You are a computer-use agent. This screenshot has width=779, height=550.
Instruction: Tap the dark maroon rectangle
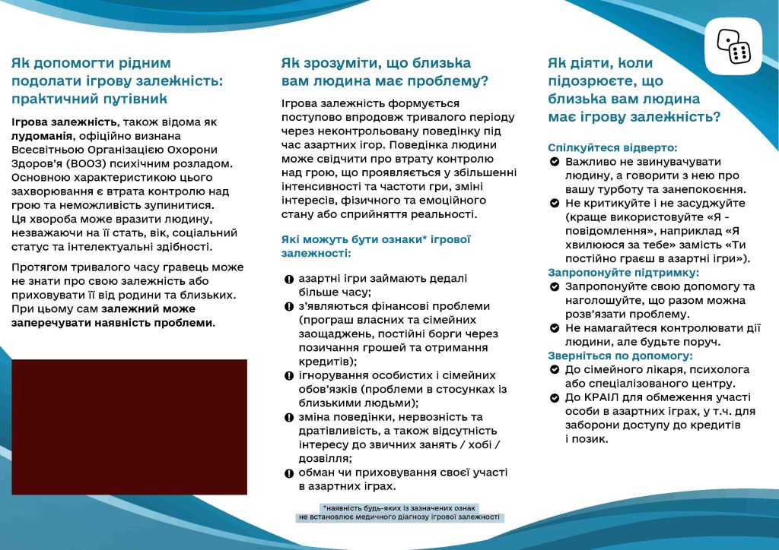point(129,427)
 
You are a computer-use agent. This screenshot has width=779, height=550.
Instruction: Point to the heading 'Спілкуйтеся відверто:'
point(612,148)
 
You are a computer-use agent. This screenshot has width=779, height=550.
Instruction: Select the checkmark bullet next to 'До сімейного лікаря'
point(555,370)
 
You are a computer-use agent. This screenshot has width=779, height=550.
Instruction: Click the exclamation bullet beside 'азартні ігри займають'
point(288,279)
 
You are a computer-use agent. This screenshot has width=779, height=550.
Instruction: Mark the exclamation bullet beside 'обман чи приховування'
point(288,473)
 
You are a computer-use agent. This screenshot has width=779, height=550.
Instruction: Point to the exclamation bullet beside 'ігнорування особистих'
point(288,376)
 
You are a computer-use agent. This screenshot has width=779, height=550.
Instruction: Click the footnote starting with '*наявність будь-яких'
point(399,512)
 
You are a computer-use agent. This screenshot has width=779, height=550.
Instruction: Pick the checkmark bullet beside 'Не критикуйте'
point(555,204)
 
